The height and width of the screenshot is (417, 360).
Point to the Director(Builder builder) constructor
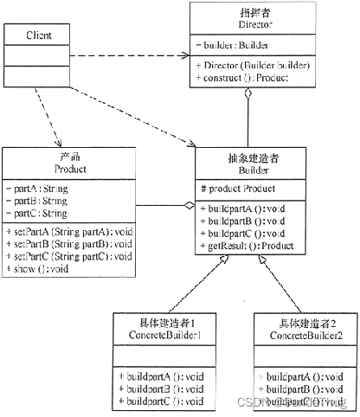coord(252,64)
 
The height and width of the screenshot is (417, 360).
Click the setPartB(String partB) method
coord(69,243)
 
